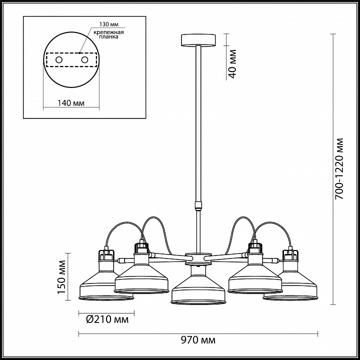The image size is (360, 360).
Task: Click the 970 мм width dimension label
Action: tap(198, 340)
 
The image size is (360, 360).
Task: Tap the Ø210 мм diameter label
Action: tap(107, 319)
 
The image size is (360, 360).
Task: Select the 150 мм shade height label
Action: tap(61, 277)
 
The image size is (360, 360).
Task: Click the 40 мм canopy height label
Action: tap(232, 64)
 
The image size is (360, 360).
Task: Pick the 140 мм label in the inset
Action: tap(70, 103)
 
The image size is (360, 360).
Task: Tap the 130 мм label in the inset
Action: tap(109, 24)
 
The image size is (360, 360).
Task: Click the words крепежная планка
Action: tap(108, 34)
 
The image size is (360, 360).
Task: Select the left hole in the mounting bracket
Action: tap(59, 60)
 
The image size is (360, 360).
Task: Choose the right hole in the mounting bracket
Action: tap(84, 60)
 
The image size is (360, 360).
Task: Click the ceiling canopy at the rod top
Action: tap(198, 40)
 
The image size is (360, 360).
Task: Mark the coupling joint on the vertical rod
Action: tap(198, 205)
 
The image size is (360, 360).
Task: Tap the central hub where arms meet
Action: tap(198, 258)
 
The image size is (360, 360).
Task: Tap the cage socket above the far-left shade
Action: tap(106, 255)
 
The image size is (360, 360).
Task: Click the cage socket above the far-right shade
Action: tap(290, 255)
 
